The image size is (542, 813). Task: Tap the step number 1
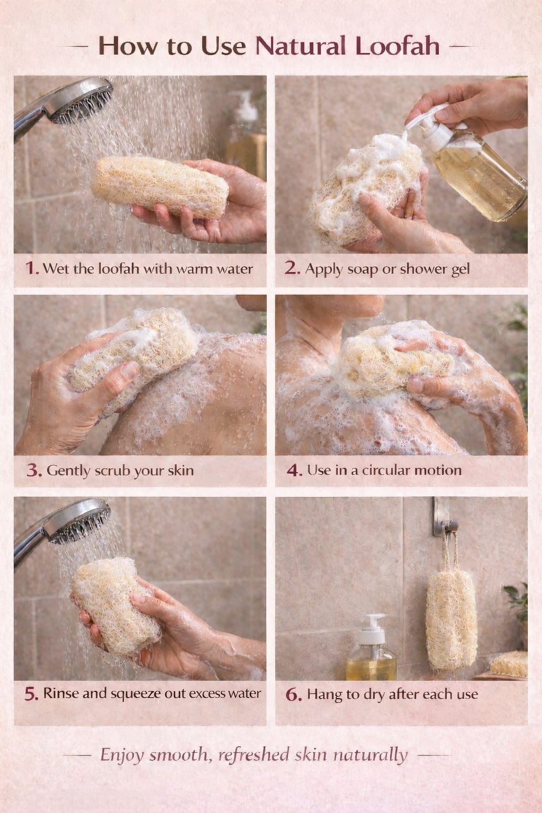pyautogui.click(x=32, y=268)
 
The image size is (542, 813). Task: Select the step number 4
pyautogui.click(x=294, y=471)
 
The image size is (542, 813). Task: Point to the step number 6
pyautogui.click(x=294, y=694)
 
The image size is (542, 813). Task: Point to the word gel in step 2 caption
pyautogui.click(x=460, y=269)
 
